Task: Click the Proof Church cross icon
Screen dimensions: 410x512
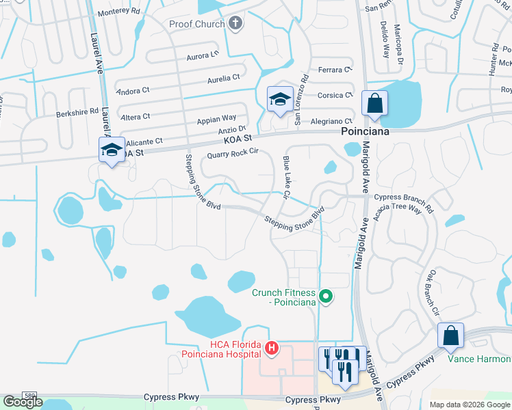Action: pos(235,25)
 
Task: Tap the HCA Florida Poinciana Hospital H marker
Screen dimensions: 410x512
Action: pos(272,349)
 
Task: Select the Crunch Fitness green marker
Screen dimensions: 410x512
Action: pos(327,297)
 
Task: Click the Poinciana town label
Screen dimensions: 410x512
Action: pos(366,132)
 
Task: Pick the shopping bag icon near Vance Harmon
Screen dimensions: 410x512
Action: pos(450,336)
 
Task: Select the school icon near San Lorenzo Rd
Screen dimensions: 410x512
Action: pos(280,100)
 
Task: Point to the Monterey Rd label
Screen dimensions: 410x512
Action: pos(118,12)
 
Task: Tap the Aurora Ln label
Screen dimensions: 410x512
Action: pos(202,55)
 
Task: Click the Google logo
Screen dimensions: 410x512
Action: pos(23,402)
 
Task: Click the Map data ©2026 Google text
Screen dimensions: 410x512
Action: pos(469,405)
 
